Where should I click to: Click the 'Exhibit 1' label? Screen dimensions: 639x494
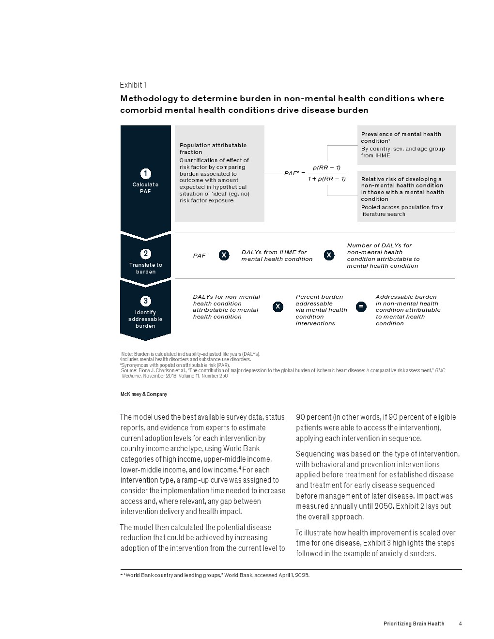pyautogui.click(x=133, y=85)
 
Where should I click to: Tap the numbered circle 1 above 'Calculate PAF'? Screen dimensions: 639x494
pyautogui.click(x=145, y=174)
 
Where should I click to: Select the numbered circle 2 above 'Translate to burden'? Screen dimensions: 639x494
pyautogui.click(x=146, y=254)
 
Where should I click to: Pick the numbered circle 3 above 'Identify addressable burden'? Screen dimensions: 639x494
pyautogui.click(x=146, y=301)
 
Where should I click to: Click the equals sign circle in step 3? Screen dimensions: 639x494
pyautogui.click(x=361, y=306)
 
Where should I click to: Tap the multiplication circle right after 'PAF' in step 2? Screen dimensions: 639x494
pyautogui.click(x=224, y=255)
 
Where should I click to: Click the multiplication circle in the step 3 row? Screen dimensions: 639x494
pyautogui.click(x=278, y=306)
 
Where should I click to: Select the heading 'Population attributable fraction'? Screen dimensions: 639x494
pyautogui.click(x=213, y=149)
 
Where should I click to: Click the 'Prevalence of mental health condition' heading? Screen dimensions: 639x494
pyautogui.click(x=401, y=137)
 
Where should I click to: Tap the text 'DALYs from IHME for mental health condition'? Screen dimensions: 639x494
pyautogui.click(x=277, y=256)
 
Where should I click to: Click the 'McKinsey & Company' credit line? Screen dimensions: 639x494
pyautogui.click(x=144, y=395)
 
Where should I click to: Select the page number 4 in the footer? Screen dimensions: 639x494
pyautogui.click(x=460, y=624)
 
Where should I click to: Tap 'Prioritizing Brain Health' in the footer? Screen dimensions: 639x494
pyautogui.click(x=414, y=624)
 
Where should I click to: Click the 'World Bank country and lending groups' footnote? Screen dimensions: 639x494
pyautogui.click(x=216, y=575)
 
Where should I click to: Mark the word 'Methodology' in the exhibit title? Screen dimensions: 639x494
pyautogui.click(x=149, y=98)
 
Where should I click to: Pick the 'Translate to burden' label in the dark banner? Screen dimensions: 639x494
pyautogui.click(x=146, y=268)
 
